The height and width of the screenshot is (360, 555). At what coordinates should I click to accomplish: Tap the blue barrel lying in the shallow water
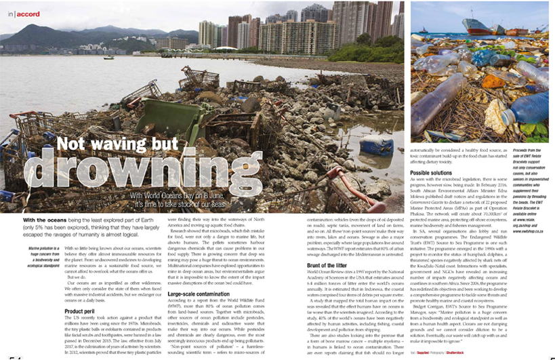tap(377, 145)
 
